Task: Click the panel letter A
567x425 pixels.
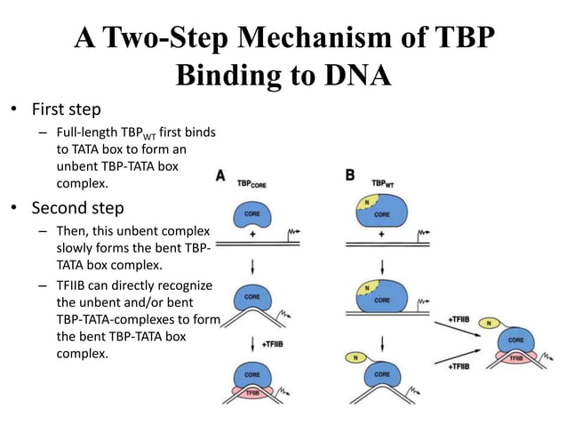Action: pyautogui.click(x=220, y=176)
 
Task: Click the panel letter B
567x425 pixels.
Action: pyautogui.click(x=350, y=175)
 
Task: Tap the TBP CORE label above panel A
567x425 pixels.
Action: pyautogui.click(x=253, y=184)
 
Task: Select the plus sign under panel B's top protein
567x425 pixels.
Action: pyautogui.click(x=382, y=236)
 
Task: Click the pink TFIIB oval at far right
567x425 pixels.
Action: pyautogui.click(x=515, y=357)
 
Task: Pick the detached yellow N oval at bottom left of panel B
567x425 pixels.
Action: pyautogui.click(x=355, y=357)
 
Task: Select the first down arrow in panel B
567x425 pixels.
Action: pyautogui.click(x=382, y=266)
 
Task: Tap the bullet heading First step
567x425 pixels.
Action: pyautogui.click(x=66, y=110)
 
